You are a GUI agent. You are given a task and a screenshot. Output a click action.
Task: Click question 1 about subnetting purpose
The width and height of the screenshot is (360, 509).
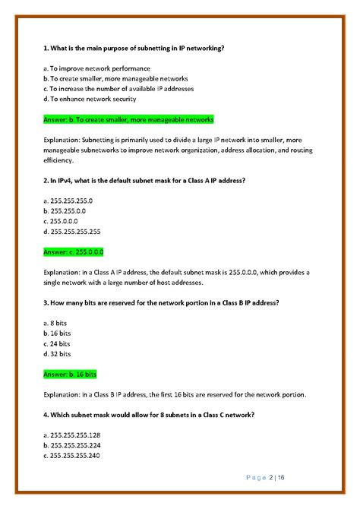click(134, 48)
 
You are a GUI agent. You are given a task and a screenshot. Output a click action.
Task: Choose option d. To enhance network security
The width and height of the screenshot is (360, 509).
click(90, 99)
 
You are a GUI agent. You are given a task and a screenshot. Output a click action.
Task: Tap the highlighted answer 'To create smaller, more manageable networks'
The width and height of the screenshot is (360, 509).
click(128, 119)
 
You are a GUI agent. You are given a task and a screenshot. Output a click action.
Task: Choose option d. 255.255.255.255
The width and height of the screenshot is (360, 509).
click(77, 231)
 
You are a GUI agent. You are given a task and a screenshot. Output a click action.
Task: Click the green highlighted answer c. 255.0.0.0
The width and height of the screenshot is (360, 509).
click(74, 251)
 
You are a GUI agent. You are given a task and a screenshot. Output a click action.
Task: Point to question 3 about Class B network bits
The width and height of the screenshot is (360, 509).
click(161, 302)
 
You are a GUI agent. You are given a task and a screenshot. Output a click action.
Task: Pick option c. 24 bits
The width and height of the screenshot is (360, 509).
click(59, 343)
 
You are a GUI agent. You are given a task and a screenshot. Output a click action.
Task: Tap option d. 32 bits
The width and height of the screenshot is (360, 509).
click(59, 353)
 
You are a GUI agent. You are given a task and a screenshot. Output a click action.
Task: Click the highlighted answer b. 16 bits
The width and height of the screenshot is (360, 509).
click(71, 374)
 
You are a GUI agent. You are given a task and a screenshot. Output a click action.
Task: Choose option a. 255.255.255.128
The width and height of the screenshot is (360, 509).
click(77, 435)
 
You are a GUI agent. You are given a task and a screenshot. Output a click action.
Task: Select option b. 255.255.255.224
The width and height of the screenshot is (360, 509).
click(77, 444)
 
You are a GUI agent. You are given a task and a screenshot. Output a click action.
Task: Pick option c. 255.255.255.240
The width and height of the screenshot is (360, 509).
click(77, 455)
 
